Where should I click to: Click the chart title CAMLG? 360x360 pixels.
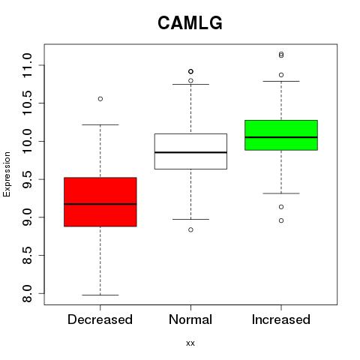(190, 22)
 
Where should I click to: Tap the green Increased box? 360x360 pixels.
(281, 135)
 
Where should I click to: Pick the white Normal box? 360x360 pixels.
(190, 151)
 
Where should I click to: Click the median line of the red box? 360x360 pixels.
(100, 204)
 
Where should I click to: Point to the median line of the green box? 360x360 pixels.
(281, 137)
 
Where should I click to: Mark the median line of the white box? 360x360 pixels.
(190, 152)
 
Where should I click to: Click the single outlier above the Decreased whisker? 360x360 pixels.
(100, 99)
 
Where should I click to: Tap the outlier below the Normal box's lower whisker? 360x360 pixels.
(190, 229)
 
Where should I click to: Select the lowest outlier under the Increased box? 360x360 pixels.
(281, 220)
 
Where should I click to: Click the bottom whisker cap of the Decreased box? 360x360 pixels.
(100, 295)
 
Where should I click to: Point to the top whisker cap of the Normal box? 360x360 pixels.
(190, 84)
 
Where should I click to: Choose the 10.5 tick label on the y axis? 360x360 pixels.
(27, 103)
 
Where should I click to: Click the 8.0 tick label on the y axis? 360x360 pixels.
(27, 293)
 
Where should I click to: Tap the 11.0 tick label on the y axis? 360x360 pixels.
(27, 65)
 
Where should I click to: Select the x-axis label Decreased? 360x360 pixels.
(100, 319)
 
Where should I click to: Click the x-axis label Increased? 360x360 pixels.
(281, 319)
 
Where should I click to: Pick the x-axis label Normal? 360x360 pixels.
(190, 319)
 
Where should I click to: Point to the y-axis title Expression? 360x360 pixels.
(7, 174)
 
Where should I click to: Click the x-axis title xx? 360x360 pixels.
(190, 343)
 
